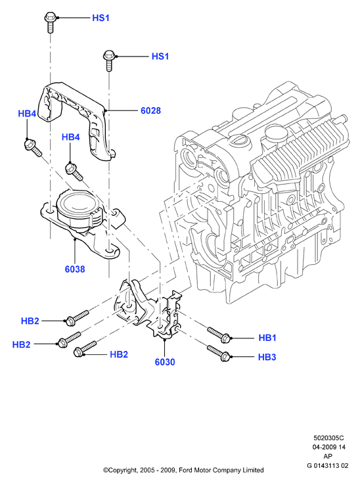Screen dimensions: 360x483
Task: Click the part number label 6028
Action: point(150,110)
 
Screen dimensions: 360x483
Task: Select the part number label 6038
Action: point(75,269)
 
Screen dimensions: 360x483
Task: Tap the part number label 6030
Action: point(165,362)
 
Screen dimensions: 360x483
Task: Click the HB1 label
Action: point(267,338)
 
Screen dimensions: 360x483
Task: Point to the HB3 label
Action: point(267,357)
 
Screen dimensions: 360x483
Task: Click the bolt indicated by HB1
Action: point(219,334)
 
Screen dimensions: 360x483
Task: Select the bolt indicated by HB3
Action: point(218,353)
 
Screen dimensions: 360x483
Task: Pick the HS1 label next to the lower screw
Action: point(160,57)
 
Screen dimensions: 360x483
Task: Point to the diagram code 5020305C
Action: point(328,438)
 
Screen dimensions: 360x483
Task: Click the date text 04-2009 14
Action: point(329,447)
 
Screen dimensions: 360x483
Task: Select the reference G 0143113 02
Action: point(327,465)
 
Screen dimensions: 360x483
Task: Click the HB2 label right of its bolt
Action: point(119,355)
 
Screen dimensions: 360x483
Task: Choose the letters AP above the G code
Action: point(328,456)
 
